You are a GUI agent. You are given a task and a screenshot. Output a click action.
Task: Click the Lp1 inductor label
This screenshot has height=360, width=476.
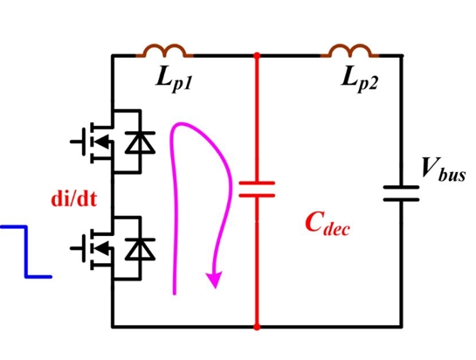[175, 80]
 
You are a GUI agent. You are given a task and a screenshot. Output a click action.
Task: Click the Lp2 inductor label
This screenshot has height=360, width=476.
[360, 80]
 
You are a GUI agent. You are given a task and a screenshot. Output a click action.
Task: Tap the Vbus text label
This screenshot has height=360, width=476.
[444, 170]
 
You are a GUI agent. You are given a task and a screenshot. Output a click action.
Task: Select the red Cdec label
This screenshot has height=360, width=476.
[328, 225]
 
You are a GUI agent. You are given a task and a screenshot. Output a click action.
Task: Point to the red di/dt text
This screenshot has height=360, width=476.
[74, 199]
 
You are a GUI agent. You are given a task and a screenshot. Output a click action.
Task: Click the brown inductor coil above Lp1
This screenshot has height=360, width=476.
[164, 51]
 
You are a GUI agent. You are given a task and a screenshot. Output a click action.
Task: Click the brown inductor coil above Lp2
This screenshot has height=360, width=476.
[350, 51]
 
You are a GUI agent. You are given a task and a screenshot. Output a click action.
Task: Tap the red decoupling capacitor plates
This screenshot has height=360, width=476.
[257, 190]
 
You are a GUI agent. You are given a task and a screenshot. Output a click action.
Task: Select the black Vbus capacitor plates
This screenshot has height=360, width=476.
[401, 193]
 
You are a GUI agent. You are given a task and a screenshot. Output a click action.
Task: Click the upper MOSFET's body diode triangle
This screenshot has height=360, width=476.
[141, 142]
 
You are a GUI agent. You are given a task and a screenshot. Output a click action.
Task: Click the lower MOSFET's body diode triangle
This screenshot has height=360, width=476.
[141, 249]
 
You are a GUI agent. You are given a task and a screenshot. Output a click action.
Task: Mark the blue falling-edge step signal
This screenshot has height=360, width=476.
[26, 252]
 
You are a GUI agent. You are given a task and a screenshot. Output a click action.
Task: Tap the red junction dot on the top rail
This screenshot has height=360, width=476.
[257, 56]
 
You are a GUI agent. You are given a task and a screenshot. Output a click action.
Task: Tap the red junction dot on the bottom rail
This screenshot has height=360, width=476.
[257, 327]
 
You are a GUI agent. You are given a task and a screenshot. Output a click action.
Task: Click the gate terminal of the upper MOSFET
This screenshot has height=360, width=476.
[77, 142]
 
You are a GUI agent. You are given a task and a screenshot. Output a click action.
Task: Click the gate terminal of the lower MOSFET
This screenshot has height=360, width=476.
[77, 248]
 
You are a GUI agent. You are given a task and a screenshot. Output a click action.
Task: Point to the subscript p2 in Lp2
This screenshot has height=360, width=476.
[368, 84]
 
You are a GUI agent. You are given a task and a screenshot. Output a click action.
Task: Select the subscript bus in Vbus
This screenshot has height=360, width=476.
[452, 175]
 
